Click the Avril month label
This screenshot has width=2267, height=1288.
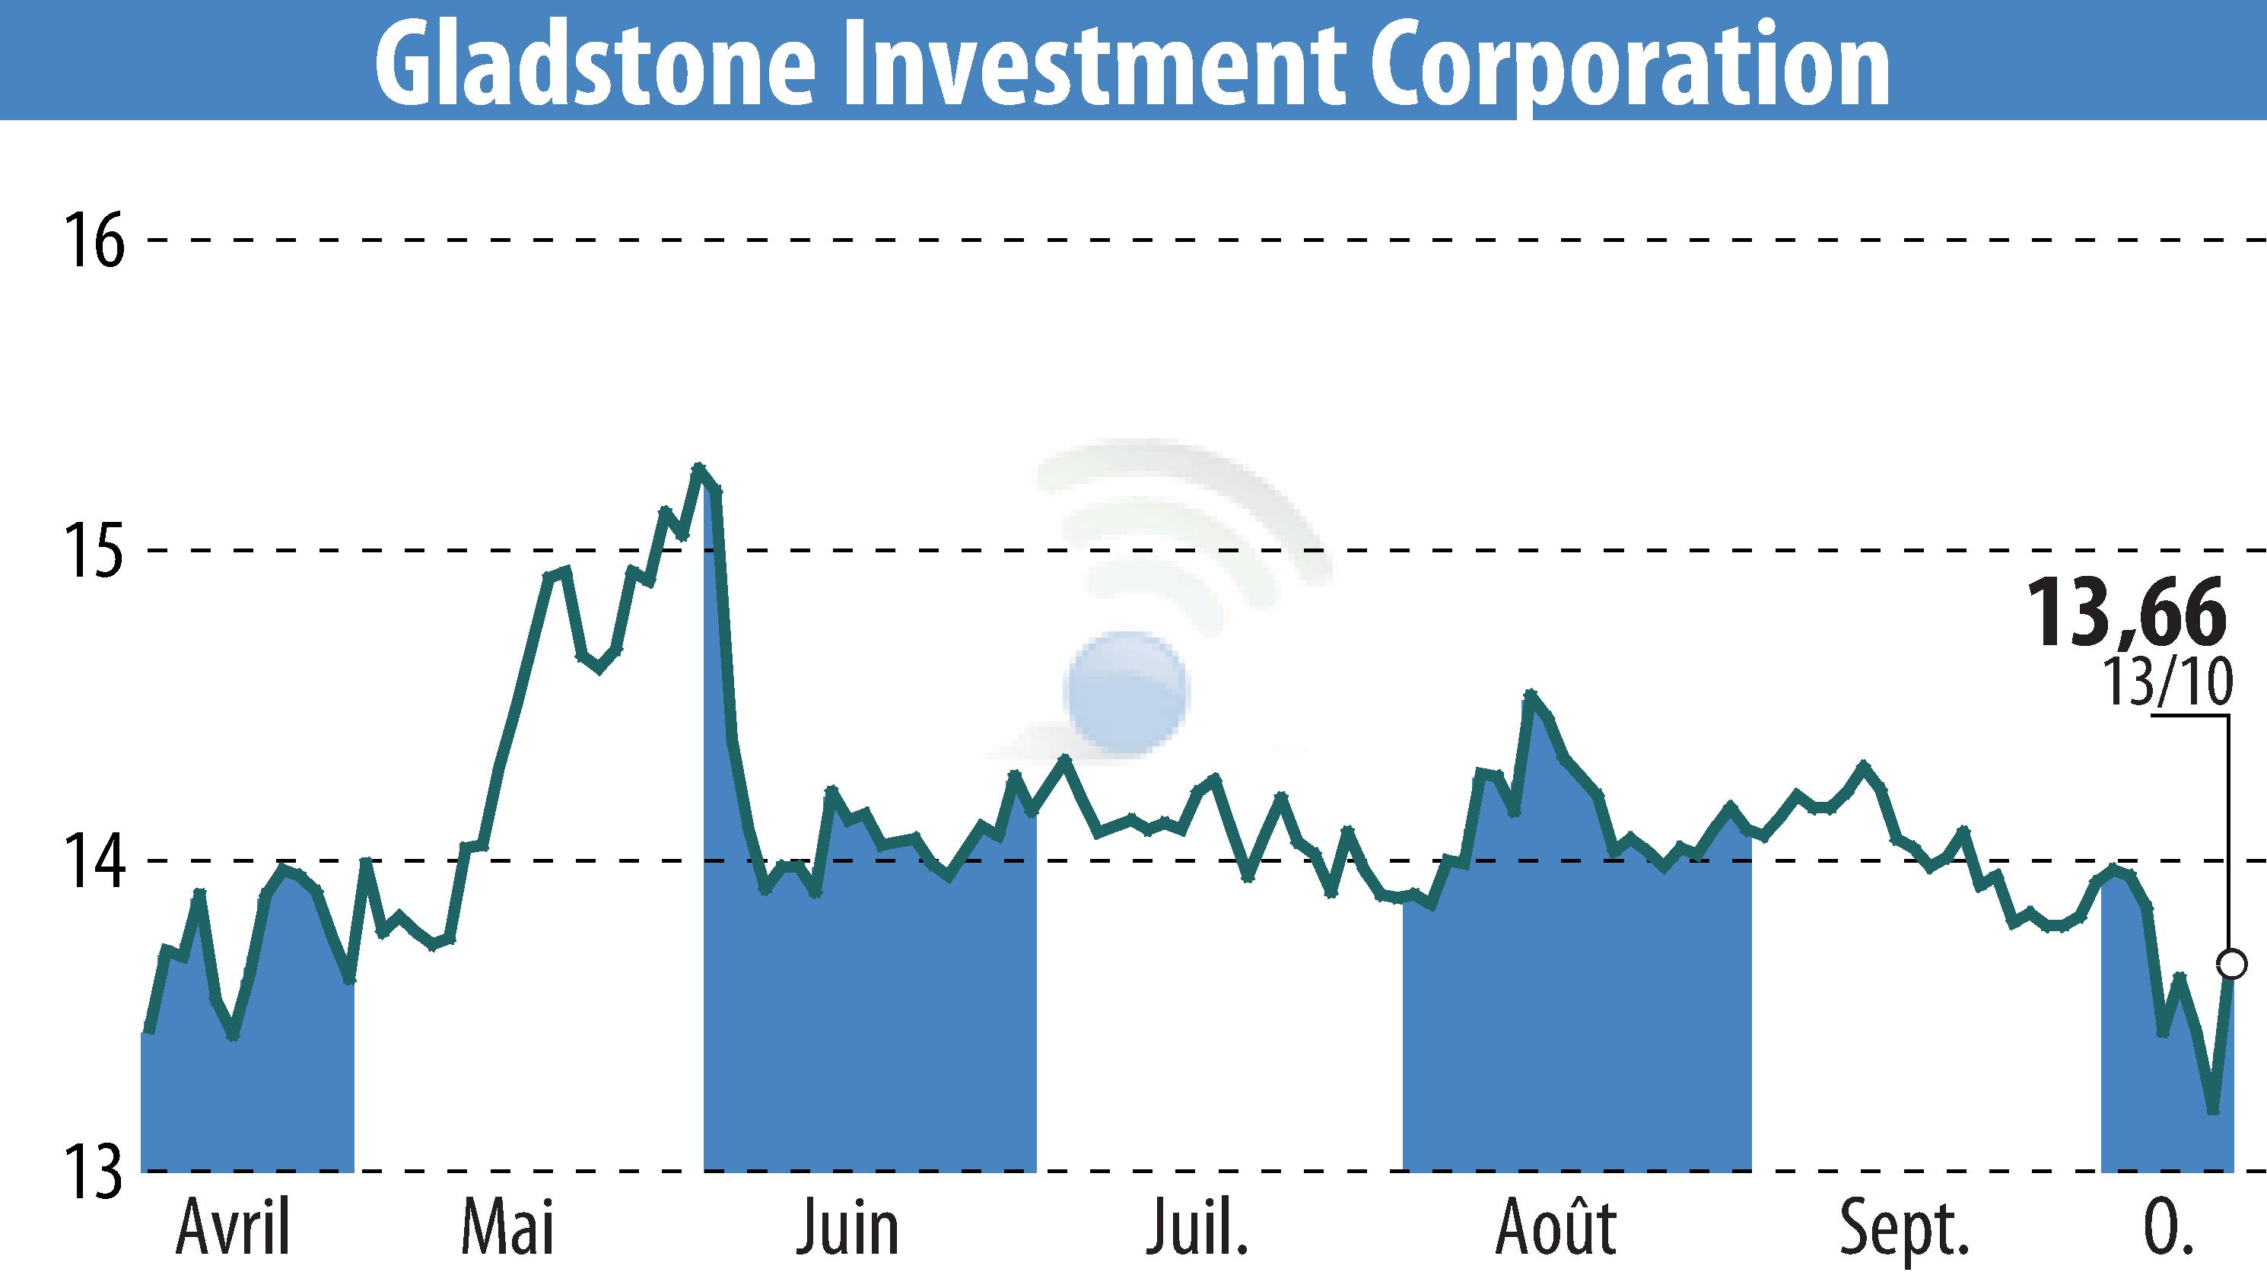(x=234, y=1229)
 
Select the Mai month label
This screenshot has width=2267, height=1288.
(x=507, y=1229)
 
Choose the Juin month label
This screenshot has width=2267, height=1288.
(x=847, y=1229)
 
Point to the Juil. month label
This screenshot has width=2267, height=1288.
(x=1197, y=1229)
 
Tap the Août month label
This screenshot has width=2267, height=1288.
(x=1556, y=1229)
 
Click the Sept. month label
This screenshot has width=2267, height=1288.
(x=1904, y=1229)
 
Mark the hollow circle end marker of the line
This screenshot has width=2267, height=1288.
(x=2233, y=964)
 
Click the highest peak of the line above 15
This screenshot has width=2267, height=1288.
(x=699, y=467)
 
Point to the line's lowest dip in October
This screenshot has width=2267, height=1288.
(x=2213, y=1111)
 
